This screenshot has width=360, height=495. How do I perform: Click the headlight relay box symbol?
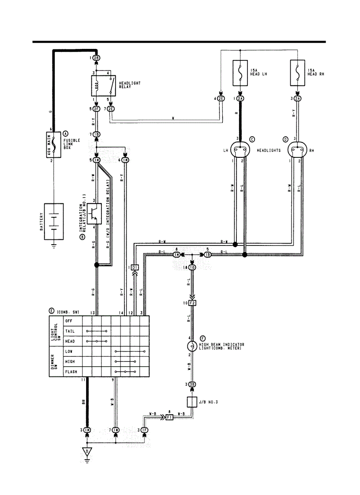[103, 86]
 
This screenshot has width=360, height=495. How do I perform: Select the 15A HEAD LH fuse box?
[240, 73]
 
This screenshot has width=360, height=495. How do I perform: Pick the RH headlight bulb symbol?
[297, 150]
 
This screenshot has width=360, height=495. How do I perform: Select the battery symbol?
[54, 221]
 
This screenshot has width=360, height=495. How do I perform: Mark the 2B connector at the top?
[96, 58]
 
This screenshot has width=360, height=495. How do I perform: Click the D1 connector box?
[135, 268]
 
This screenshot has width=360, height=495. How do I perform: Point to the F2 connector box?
[192, 303]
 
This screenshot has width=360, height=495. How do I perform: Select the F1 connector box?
[169, 417]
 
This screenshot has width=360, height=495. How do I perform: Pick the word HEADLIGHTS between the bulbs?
[269, 150]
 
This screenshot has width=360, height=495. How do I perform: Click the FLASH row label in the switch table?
[71, 372]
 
